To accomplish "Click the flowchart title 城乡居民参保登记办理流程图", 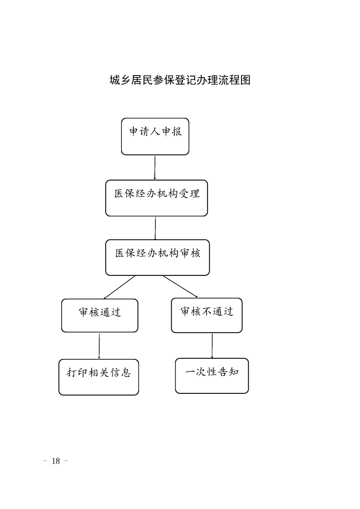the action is click(x=180, y=80).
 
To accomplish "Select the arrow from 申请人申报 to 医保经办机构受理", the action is click(x=155, y=167).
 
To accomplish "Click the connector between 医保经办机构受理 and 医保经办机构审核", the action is click(x=155, y=228).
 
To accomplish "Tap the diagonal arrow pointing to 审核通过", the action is click(x=119, y=287).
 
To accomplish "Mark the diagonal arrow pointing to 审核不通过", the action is click(x=180, y=287).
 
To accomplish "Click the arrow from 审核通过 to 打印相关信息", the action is click(x=99, y=346).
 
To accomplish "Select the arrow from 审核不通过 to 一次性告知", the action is click(x=212, y=345).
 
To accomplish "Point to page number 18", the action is click(x=56, y=461).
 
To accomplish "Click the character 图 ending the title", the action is click(x=245, y=80).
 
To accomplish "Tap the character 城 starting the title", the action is click(x=115, y=80).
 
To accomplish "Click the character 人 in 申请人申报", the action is click(x=155, y=132).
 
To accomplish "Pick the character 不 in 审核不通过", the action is click(x=207, y=312).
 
